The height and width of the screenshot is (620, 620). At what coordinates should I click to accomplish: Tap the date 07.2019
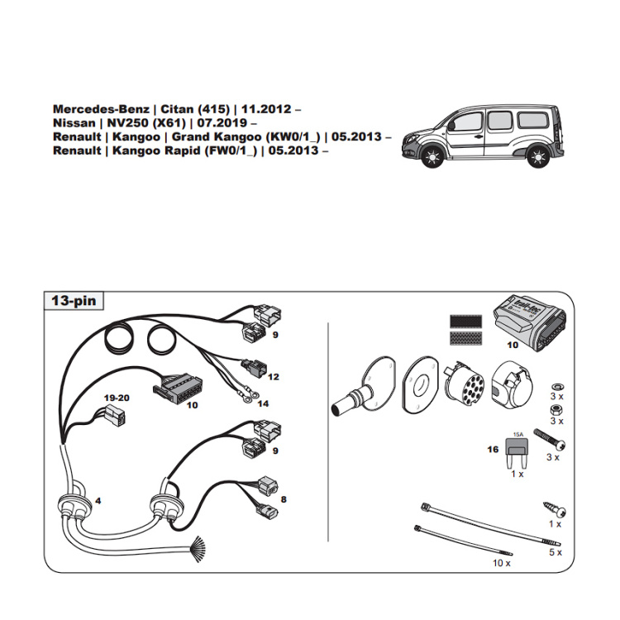tap(218, 123)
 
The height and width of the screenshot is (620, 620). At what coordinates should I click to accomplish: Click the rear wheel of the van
tap(537, 155)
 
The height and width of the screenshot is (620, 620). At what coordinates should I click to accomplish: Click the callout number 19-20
tap(116, 397)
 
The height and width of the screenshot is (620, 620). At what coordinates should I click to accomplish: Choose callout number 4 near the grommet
tap(98, 501)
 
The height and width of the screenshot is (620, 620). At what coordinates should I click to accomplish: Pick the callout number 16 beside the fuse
tap(493, 449)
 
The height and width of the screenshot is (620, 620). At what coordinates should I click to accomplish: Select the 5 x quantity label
tap(555, 551)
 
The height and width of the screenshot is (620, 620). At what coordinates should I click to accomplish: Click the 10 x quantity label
tap(501, 562)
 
